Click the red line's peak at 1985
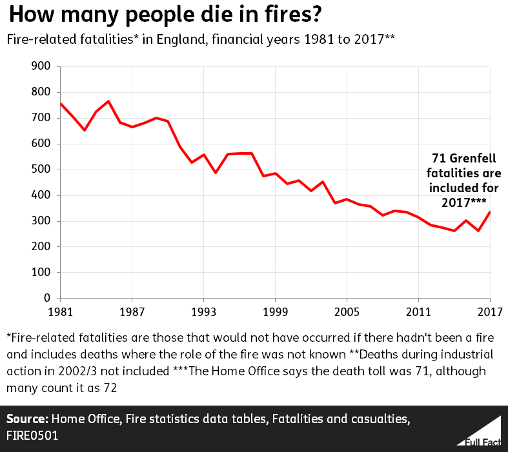pyautogui.click(x=108, y=101)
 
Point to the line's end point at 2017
pyautogui.click(x=490, y=212)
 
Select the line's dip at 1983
pyautogui.click(x=85, y=130)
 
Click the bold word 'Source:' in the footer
pyautogui.click(x=28, y=420)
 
